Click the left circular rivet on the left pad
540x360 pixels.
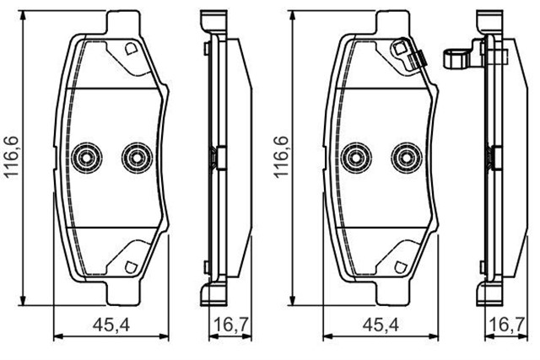85,155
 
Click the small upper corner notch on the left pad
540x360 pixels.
130,50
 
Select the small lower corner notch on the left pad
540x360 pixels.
130,265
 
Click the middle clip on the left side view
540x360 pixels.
214,157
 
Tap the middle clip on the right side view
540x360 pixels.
491,157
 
